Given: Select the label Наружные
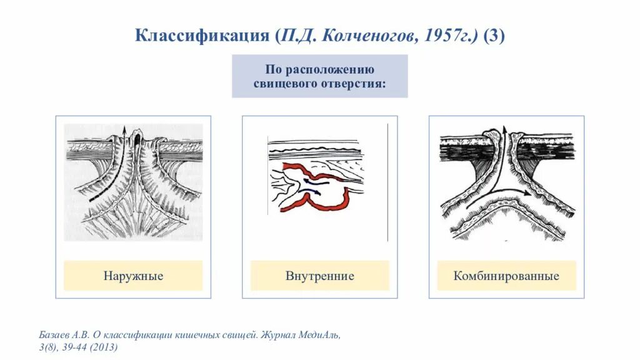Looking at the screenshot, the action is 133,276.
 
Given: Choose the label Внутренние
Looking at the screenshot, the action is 319,276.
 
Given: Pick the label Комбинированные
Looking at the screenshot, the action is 506,276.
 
